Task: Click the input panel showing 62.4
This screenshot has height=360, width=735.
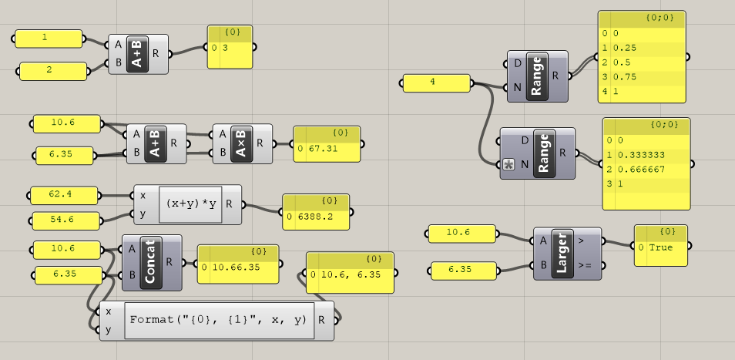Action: pyautogui.click(x=64, y=196)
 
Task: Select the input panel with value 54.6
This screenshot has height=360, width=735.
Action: pyautogui.click(x=66, y=220)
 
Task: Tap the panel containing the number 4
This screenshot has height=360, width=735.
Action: pyautogui.click(x=437, y=83)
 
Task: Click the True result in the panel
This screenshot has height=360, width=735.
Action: pyautogui.click(x=661, y=247)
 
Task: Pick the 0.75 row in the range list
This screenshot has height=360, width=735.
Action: pyautogui.click(x=625, y=77)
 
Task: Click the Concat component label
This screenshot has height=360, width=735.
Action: pyautogui.click(x=150, y=262)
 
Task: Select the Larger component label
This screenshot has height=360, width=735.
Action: pyautogui.click(x=562, y=254)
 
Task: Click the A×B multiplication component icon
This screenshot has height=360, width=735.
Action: pyautogui.click(x=242, y=144)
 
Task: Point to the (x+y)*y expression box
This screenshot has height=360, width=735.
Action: pyautogui.click(x=191, y=204)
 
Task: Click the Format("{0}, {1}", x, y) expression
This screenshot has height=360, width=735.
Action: pyautogui.click(x=219, y=320)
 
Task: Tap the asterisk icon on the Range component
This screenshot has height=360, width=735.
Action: pyautogui.click(x=508, y=164)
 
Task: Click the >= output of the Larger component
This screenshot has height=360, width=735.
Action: pyautogui.click(x=585, y=266)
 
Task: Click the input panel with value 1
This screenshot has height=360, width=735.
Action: pyautogui.click(x=49, y=39)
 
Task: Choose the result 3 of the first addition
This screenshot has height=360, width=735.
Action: pyautogui.click(x=225, y=48)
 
